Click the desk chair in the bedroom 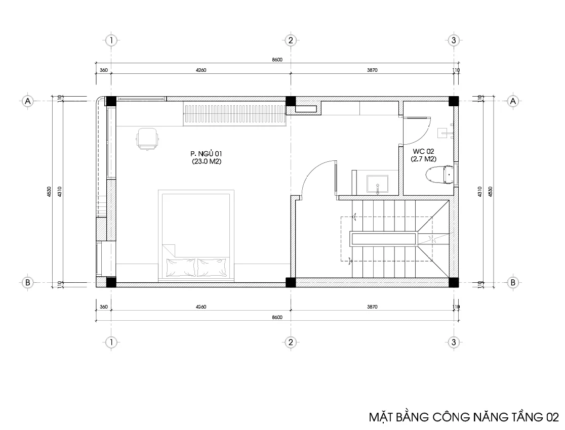(148, 139)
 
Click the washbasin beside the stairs (377, 184)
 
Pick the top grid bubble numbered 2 (291, 40)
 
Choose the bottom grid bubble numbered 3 (454, 342)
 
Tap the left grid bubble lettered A (28, 101)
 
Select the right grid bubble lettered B (513, 282)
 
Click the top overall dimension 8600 (277, 60)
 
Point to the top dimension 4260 (201, 70)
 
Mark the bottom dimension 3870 (372, 307)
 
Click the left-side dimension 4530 (49, 192)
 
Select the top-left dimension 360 (104, 70)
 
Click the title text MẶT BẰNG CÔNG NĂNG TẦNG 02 (464, 417)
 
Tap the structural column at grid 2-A (291, 101)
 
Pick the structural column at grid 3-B (454, 282)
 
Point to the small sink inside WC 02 (446, 133)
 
